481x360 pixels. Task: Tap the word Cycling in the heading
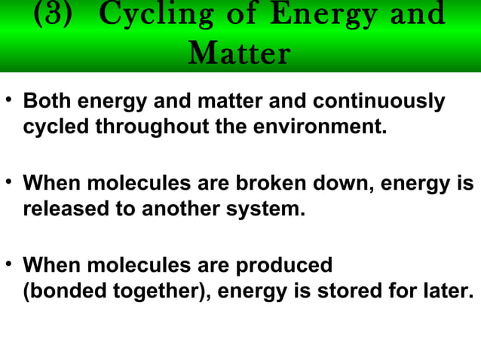(143, 16)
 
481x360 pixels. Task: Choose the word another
(179, 209)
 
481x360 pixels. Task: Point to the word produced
(284, 266)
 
